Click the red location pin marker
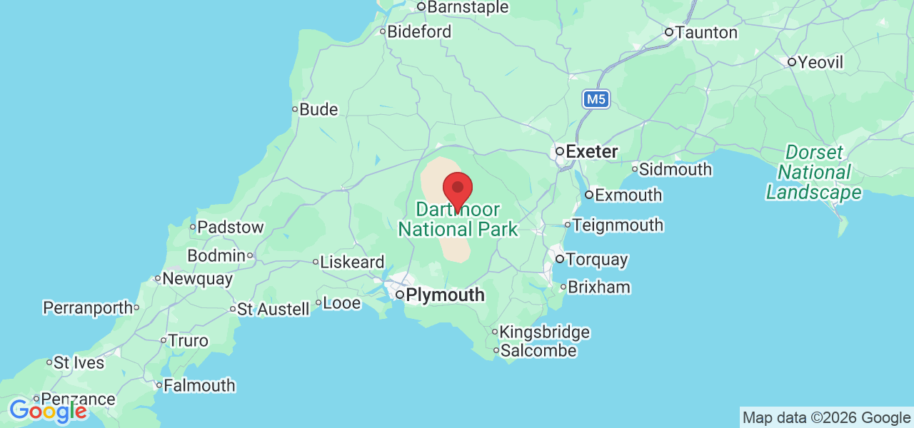[x=458, y=189]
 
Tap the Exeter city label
[x=591, y=151]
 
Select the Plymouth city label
[x=445, y=295]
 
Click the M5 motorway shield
[x=596, y=99]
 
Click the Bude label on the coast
[x=318, y=110]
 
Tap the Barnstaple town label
[x=468, y=8]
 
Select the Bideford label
[x=420, y=31]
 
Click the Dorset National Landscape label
[x=814, y=173]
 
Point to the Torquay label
[x=597, y=259]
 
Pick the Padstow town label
[x=230, y=228]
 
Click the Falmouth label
[x=199, y=385]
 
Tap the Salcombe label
[x=538, y=350]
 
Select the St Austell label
[x=273, y=309]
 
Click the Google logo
[x=48, y=411]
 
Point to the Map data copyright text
[x=826, y=418]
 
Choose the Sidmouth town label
[x=675, y=170]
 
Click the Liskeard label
[x=352, y=262]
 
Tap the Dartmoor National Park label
[x=458, y=220]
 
